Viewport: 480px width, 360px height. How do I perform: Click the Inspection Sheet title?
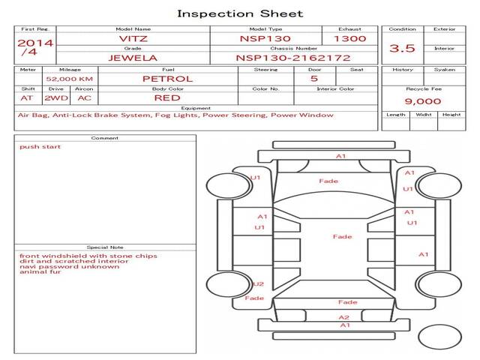click(240, 13)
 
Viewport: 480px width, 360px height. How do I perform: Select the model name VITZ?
click(133, 38)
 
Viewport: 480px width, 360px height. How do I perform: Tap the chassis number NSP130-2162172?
click(293, 58)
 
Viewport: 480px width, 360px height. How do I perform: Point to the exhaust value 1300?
click(350, 38)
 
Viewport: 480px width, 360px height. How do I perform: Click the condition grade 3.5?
click(402, 48)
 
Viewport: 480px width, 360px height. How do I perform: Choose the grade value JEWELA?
click(133, 58)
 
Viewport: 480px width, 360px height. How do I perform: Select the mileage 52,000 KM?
click(70, 79)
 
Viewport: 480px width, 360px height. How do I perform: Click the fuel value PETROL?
click(168, 79)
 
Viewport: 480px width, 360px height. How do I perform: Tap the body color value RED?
click(167, 98)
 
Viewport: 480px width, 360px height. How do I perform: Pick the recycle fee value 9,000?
click(423, 101)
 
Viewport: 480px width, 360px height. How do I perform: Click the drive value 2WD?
click(56, 98)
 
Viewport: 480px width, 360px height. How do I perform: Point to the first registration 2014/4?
click(35, 47)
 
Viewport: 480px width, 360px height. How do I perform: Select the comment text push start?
click(40, 147)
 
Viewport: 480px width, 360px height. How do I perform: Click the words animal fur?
click(40, 271)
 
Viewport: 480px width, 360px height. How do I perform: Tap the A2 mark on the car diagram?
click(344, 317)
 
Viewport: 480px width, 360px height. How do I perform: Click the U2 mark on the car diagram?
click(258, 284)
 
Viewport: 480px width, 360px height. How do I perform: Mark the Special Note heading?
click(105, 247)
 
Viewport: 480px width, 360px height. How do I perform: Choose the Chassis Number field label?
click(293, 48)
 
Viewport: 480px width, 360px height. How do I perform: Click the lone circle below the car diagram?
click(439, 337)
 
